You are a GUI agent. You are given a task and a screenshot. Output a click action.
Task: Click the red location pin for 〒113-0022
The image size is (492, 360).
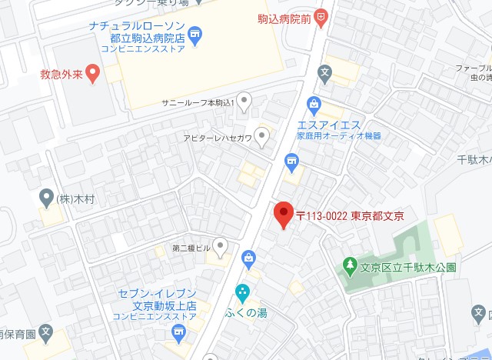point(284,215)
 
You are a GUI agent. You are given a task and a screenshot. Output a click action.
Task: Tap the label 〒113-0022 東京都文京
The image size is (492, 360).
point(350,215)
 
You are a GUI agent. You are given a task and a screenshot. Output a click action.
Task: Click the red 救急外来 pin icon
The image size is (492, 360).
point(92,74)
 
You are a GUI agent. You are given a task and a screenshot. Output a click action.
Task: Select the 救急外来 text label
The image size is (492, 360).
point(60,75)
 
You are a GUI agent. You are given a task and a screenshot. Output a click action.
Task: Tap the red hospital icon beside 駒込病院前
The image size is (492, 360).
point(321,15)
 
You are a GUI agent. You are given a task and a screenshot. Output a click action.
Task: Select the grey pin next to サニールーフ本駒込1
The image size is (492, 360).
point(244,100)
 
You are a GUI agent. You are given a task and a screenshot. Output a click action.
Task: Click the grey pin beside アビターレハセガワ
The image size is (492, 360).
point(262,137)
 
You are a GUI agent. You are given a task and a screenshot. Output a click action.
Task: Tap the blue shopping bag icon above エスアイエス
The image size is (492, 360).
point(314,104)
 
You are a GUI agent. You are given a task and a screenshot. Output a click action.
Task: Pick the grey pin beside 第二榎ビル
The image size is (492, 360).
point(221,247)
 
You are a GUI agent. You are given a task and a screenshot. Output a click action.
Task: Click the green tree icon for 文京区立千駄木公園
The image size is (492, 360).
point(350,267)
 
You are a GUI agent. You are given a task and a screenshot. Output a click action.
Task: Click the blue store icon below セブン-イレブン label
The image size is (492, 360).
point(179,333)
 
